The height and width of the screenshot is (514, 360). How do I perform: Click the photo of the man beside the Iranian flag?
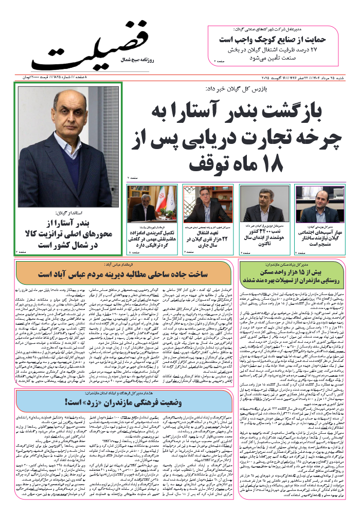(150, 205)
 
